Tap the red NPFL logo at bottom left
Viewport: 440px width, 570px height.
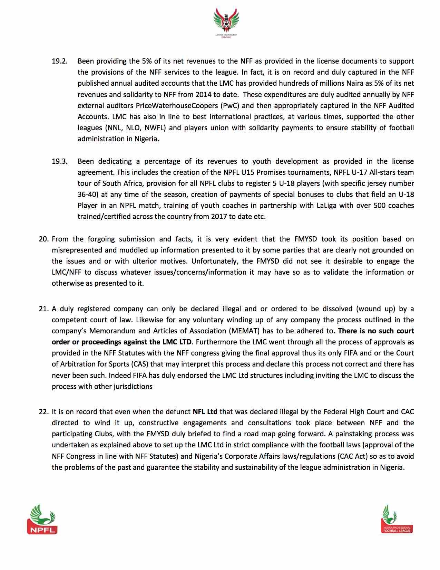[x=42, y=519]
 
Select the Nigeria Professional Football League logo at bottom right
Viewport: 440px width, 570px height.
[x=397, y=519]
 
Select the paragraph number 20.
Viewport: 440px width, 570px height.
[x=44, y=239]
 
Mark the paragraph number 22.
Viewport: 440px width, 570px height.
[x=44, y=412]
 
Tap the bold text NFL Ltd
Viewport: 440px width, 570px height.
[x=205, y=412]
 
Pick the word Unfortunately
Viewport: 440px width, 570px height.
[x=214, y=261]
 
